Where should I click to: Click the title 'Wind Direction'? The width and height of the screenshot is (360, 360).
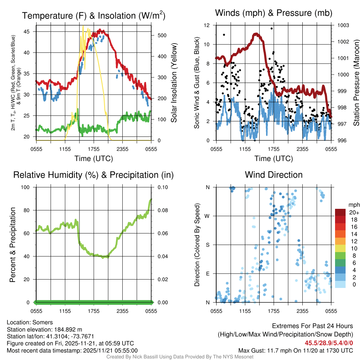(x=274, y=175)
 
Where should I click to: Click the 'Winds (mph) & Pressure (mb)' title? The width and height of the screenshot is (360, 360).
(x=274, y=13)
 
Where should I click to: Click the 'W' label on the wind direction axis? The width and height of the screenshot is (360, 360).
(x=208, y=216)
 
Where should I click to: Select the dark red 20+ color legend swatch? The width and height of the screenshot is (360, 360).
(x=341, y=212)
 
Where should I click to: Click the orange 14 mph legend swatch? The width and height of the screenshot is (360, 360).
(x=341, y=234)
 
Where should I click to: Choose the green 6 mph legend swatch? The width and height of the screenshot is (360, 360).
(x=341, y=263)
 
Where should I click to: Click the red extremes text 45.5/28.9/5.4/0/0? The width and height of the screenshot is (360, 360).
(x=329, y=343)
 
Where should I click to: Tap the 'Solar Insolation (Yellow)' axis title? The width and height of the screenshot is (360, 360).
(x=174, y=83)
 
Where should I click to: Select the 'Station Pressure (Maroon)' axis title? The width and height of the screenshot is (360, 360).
(x=356, y=83)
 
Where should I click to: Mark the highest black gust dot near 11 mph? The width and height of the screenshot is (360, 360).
(x=224, y=34)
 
